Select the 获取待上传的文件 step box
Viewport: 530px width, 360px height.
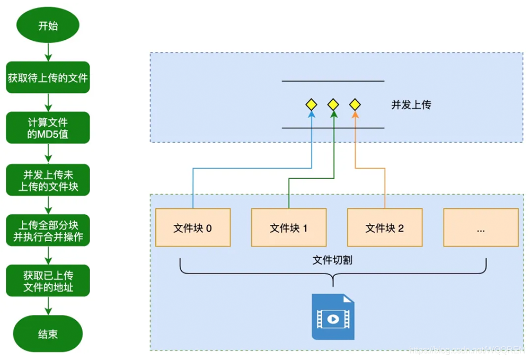pos(48,78)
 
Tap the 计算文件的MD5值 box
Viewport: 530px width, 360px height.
pos(48,128)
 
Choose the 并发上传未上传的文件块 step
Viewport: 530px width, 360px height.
pos(48,179)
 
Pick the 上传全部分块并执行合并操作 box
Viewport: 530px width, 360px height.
pos(48,230)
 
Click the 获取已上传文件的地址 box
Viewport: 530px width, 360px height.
pos(48,280)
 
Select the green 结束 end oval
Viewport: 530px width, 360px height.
pos(48,334)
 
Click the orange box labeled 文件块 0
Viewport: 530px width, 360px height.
pos(193,228)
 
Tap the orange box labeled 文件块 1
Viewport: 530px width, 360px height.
pos(289,228)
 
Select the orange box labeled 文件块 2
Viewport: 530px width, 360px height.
pos(385,228)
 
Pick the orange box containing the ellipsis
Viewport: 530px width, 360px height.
pos(481,228)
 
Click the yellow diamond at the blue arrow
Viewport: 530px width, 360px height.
pos(311,104)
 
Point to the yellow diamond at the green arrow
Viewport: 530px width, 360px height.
pos(333,104)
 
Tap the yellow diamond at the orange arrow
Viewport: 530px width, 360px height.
pos(355,104)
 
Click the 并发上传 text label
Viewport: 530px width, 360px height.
pos(411,104)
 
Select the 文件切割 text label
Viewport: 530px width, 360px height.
pos(332,261)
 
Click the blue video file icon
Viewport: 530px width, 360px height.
pos(333,317)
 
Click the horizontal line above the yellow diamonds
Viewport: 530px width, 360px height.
pos(333,81)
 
